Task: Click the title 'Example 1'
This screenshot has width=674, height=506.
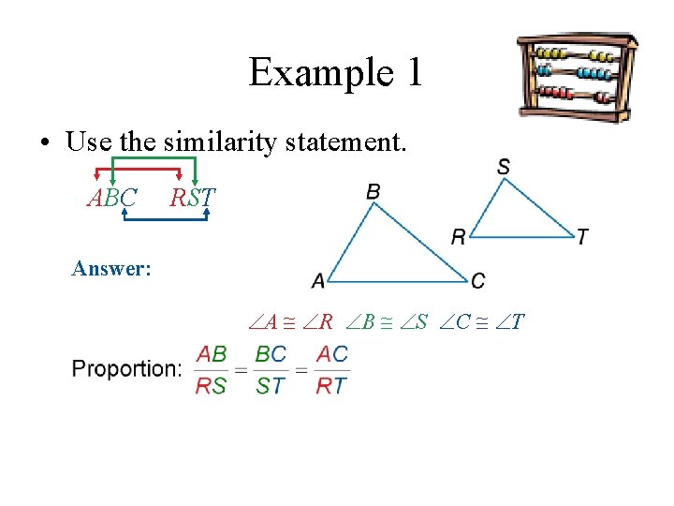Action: pyautogui.click(x=336, y=72)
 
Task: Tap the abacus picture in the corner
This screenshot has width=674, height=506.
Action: pyautogui.click(x=578, y=78)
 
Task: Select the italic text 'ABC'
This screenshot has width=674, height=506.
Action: pyautogui.click(x=112, y=199)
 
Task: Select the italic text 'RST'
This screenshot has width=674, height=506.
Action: pyautogui.click(x=192, y=199)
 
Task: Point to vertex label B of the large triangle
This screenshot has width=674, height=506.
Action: pyautogui.click(x=374, y=191)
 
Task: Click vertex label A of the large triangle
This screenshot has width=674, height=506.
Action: pyautogui.click(x=318, y=280)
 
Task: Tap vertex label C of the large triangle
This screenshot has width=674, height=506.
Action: pyautogui.click(x=478, y=280)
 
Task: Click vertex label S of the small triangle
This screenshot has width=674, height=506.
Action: pyautogui.click(x=504, y=167)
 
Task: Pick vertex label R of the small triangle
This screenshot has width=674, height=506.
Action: pyautogui.click(x=458, y=237)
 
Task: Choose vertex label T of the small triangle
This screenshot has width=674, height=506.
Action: pyautogui.click(x=582, y=237)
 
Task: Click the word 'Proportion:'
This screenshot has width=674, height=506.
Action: pyautogui.click(x=126, y=368)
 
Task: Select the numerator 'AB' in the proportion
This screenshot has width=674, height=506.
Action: pyautogui.click(x=212, y=354)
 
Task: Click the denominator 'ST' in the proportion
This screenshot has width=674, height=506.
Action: pyautogui.click(x=271, y=385)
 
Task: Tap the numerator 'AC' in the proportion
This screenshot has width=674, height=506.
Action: pyautogui.click(x=331, y=354)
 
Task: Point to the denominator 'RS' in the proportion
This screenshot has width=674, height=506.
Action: pyautogui.click(x=212, y=385)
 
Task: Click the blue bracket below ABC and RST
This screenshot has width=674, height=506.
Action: pyautogui.click(x=166, y=218)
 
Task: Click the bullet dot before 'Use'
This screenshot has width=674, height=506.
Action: pyautogui.click(x=44, y=144)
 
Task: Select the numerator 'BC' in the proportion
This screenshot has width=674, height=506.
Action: pyautogui.click(x=271, y=354)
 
